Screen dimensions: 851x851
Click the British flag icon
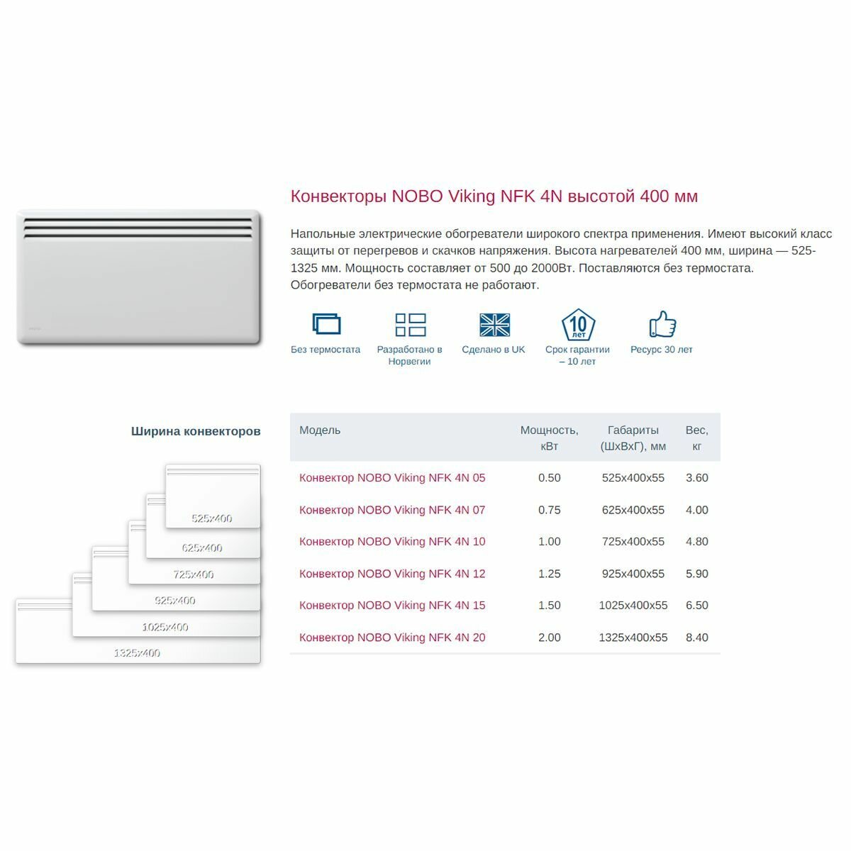[494, 325]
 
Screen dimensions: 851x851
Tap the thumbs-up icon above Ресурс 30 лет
[662, 324]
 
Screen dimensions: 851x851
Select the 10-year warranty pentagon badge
[578, 325]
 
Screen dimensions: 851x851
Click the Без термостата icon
[326, 324]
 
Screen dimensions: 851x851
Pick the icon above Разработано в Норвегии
[410, 325]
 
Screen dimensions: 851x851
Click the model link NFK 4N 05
[392, 478]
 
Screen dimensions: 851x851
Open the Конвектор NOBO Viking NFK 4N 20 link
[392, 638]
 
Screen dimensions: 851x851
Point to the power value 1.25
[549, 574]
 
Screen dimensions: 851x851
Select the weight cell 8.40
[696, 638]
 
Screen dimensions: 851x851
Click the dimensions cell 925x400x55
[633, 574]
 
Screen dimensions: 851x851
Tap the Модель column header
[320, 430]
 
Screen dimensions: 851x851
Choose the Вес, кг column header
[696, 438]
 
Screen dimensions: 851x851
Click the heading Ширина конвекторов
[196, 431]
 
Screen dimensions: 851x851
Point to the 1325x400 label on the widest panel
[137, 653]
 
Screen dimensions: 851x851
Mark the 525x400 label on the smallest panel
[212, 518]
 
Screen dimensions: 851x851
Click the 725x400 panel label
[193, 574]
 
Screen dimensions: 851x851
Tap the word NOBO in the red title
[418, 196]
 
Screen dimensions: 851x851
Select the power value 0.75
[549, 510]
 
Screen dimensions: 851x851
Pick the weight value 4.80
[696, 542]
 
